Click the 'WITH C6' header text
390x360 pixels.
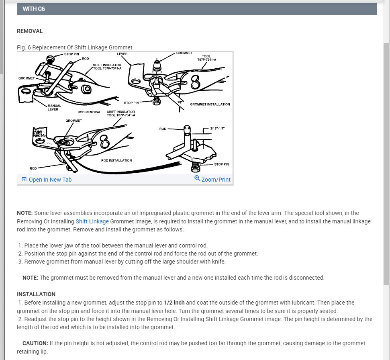(33, 9)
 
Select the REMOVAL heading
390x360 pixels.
(30, 31)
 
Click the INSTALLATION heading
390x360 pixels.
(36, 294)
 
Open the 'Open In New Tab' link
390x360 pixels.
(50, 180)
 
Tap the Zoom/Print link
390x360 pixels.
(216, 180)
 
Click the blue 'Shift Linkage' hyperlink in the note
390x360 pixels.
(92, 221)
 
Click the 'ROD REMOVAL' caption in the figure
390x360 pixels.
(89, 112)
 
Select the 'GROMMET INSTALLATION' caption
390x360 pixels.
(210, 104)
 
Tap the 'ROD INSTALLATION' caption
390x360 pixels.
(116, 160)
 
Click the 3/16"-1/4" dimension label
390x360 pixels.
(217, 129)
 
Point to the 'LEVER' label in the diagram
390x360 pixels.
(123, 53)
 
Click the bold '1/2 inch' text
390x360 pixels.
(174, 303)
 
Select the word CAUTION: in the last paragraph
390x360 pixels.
(35, 343)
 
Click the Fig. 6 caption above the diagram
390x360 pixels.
(75, 47)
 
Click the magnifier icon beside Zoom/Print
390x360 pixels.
(197, 178)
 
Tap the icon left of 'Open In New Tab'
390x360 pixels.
(24, 180)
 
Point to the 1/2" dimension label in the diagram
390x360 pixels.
(180, 102)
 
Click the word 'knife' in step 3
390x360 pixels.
(218, 262)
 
